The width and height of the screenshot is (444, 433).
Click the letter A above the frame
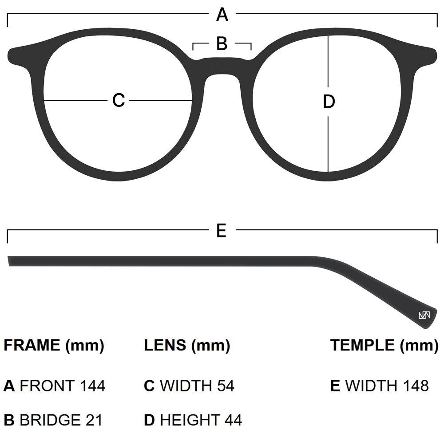tap(222, 15)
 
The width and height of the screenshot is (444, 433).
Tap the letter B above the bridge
tap(222, 43)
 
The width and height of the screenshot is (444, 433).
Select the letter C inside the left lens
tap(119, 100)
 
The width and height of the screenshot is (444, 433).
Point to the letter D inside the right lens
tap(328, 102)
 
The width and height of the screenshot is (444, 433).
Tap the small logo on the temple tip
tap(424, 315)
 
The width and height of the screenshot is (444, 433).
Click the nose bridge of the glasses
tap(222, 67)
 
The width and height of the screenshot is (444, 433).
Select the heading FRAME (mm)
tap(54, 345)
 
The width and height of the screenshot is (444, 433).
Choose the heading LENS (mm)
tap(187, 345)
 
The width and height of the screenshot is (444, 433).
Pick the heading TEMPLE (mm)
tap(384, 345)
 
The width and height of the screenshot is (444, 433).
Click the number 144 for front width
tap(93, 386)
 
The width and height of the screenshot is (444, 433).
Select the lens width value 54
tap(225, 386)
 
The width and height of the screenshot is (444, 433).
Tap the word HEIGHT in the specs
tap(190, 420)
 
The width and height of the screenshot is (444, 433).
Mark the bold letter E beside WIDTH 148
tap(335, 386)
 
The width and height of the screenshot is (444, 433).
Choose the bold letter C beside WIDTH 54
tap(149, 386)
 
